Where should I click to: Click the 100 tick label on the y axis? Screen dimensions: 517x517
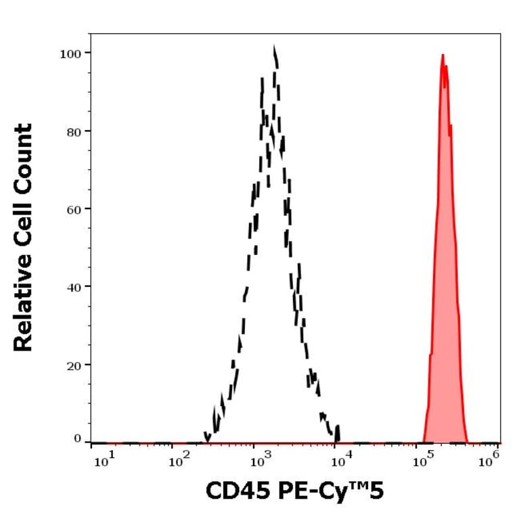point(67,53)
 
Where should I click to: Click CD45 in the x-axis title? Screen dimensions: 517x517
point(233,492)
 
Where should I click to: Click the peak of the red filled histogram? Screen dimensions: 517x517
point(443,55)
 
